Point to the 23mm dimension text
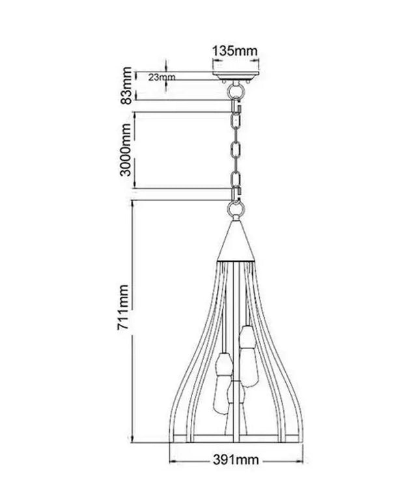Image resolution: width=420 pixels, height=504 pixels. [161, 77]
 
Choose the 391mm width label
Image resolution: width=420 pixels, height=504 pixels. [236, 460]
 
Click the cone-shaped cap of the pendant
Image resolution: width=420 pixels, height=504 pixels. [235, 241]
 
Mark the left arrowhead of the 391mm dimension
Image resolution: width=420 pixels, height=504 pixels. [173, 460]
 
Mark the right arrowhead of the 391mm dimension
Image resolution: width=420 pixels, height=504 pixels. [301, 460]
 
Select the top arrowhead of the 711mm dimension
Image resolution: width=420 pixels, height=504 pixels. [133, 204]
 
